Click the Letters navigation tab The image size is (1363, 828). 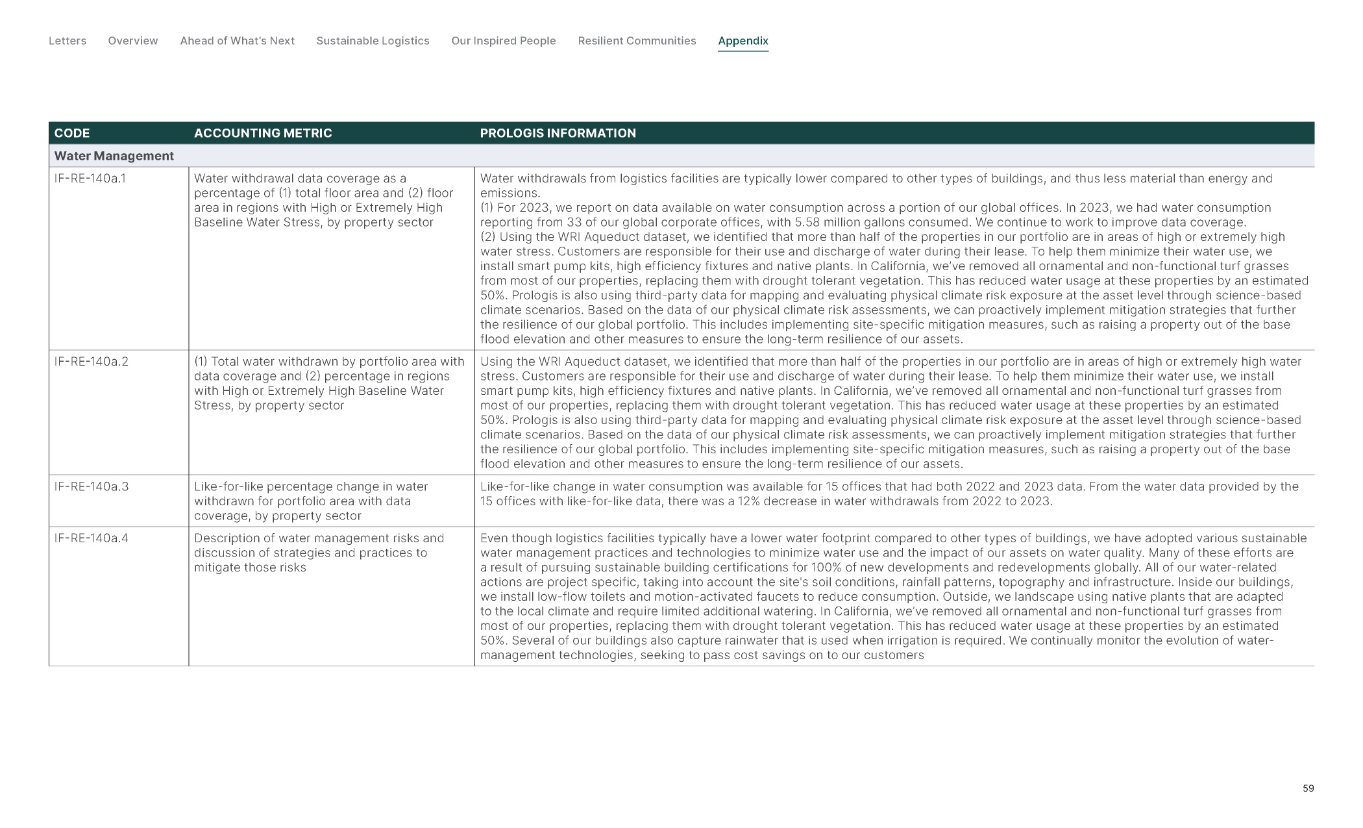(x=68, y=41)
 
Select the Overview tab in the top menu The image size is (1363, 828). (x=133, y=41)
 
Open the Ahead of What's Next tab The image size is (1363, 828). (x=237, y=41)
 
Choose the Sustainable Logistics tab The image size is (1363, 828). (x=373, y=41)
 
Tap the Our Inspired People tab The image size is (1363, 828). (x=504, y=41)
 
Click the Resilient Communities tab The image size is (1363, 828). (x=637, y=41)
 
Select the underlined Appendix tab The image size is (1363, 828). (x=743, y=41)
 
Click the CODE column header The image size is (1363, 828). (x=72, y=133)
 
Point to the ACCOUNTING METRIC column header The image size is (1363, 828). (x=263, y=133)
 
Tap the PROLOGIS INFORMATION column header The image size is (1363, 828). (x=558, y=133)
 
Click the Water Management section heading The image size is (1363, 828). (x=114, y=156)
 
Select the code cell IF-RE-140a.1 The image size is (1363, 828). (x=90, y=179)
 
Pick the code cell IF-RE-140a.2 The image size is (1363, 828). (x=92, y=362)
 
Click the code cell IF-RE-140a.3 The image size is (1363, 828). (x=92, y=486)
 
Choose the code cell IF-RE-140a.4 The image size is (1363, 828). (x=92, y=538)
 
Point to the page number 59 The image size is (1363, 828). (x=1308, y=788)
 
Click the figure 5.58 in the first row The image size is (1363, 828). (x=807, y=222)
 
